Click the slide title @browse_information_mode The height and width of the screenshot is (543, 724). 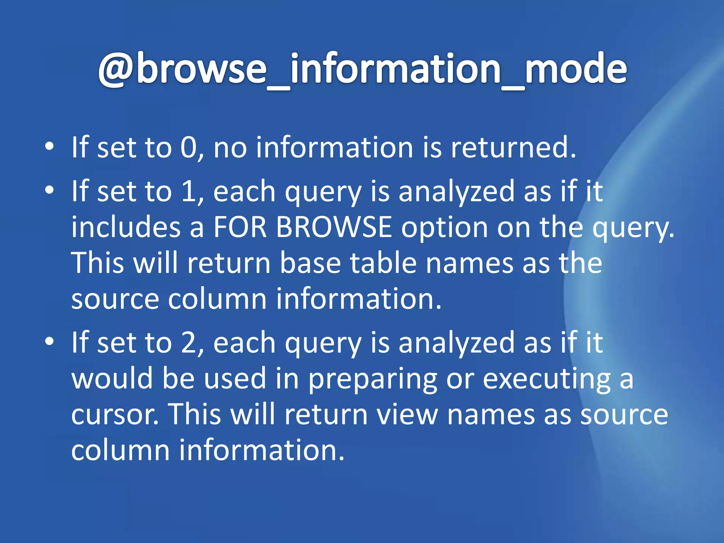tap(362, 69)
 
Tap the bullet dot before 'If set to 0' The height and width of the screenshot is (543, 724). tap(49, 146)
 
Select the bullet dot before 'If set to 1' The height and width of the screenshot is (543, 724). tap(49, 190)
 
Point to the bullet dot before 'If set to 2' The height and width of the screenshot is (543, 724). tap(49, 341)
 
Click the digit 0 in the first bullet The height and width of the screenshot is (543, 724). tap(188, 147)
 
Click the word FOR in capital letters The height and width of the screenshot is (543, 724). tap(240, 227)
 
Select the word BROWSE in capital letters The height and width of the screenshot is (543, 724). tap(334, 227)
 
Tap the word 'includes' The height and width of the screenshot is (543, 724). tap(126, 227)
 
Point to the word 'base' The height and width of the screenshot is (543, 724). tap(310, 263)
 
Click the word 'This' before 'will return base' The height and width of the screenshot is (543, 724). tap(98, 263)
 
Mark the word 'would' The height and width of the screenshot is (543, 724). tap(112, 378)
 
